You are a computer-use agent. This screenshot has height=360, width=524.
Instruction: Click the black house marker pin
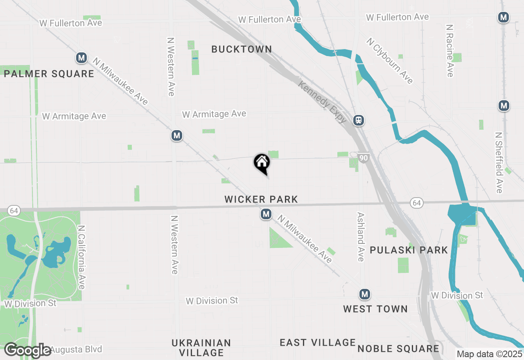click(x=262, y=163)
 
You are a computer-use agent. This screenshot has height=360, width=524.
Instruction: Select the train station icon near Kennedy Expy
click(x=359, y=120)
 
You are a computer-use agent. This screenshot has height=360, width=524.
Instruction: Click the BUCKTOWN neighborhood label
click(x=242, y=49)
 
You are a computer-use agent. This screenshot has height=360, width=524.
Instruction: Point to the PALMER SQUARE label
click(x=49, y=74)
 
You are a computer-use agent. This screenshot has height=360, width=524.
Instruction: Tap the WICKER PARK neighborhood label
click(x=261, y=199)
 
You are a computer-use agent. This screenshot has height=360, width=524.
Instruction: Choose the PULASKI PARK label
click(x=409, y=250)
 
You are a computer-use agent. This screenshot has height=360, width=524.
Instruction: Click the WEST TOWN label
click(x=375, y=309)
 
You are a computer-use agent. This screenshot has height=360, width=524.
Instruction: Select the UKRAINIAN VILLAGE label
click(x=201, y=347)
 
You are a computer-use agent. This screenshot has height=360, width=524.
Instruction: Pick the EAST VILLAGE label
click(x=318, y=342)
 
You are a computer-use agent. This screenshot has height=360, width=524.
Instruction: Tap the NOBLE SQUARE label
click(x=398, y=349)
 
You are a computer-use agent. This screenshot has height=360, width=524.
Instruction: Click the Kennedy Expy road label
click(x=323, y=102)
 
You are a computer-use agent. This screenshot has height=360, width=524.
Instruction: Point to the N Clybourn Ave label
click(x=390, y=61)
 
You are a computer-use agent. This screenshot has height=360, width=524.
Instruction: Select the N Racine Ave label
click(x=450, y=51)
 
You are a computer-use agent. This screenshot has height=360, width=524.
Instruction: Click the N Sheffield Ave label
click(x=499, y=162)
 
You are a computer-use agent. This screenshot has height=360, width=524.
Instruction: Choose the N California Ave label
click(x=81, y=257)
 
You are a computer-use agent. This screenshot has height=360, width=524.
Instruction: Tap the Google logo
click(x=28, y=350)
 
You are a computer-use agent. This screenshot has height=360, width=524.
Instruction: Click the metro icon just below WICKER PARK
click(x=266, y=214)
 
